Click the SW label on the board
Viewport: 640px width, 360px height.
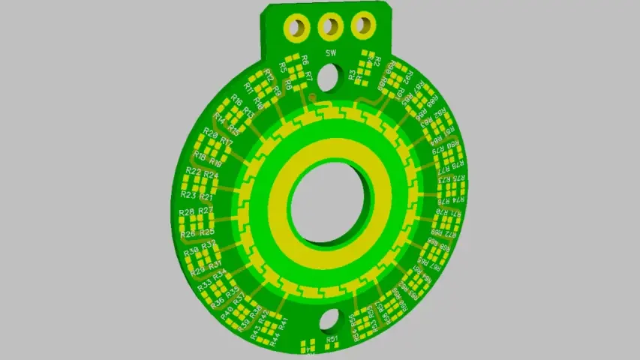coord(330,53)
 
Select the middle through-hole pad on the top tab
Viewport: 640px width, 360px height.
coord(329,27)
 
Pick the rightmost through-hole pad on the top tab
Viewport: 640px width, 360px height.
coord(362,25)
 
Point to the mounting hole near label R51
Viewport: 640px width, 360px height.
coord(329,320)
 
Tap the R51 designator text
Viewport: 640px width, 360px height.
coord(332,340)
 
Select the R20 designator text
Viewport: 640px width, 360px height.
coord(212,134)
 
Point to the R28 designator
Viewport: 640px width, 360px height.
coord(188,212)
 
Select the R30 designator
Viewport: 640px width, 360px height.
coord(191,250)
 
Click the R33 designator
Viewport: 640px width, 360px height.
coord(204,287)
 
